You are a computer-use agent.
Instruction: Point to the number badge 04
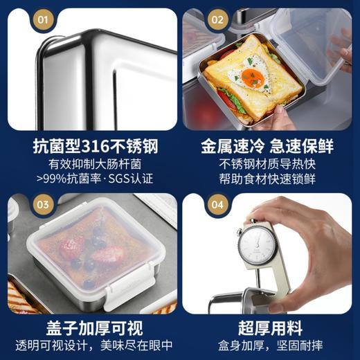[x=217, y=205]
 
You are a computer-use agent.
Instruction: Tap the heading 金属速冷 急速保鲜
[x=267, y=147]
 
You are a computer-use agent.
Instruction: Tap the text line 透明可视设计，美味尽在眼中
[x=90, y=344]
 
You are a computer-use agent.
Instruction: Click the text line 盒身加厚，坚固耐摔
[x=267, y=344]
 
